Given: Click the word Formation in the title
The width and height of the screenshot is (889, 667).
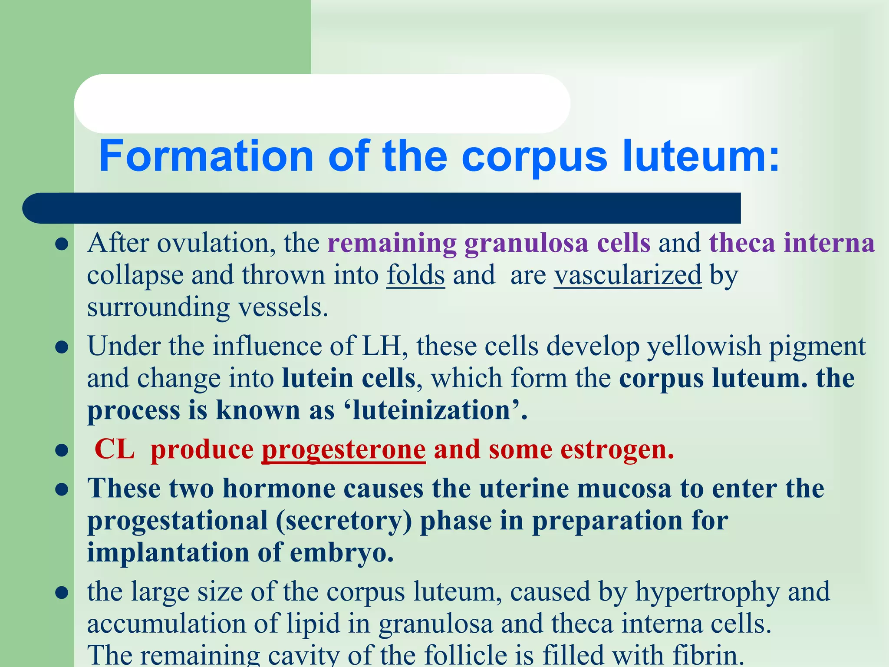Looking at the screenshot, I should coord(206,156).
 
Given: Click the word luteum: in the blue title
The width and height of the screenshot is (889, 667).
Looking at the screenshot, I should coord(701,156).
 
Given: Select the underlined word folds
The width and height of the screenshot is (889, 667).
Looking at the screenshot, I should coord(415,275).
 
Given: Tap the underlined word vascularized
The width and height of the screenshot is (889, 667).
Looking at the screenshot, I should coord(627,275).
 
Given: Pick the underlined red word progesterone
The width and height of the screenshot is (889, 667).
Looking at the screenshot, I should coord(343,449).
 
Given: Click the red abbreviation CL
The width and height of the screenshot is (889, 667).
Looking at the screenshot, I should coord(114,449).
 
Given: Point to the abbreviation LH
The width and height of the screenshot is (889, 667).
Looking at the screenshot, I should coord(381,346).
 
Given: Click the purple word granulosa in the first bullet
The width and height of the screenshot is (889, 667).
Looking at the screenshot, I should coord(526,243).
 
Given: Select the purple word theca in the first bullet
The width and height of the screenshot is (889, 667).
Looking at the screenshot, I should coord(742,243).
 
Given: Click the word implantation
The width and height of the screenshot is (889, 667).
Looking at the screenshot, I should coord(168,552).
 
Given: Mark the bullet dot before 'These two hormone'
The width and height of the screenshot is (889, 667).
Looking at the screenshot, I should coord(62,489).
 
